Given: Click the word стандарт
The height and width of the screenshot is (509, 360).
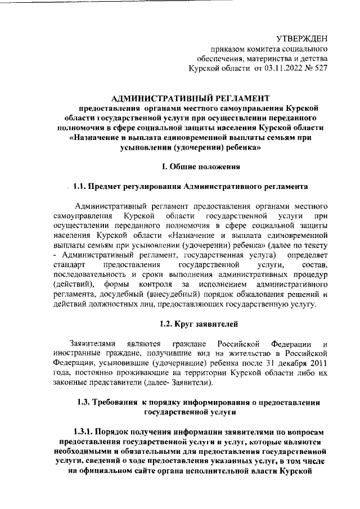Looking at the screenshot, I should [x=70, y=264].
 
